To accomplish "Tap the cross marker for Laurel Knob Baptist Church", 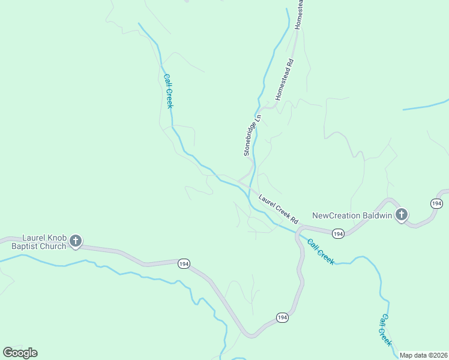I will (x=76, y=241).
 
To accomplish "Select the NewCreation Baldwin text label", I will (x=352, y=215).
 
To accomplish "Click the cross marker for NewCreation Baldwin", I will (x=402, y=214).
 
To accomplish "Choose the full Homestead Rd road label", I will (x=285, y=79).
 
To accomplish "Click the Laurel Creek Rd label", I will (x=279, y=206).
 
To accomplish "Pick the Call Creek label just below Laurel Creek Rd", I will (x=321, y=251).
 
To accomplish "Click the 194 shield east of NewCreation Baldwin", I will (x=436, y=204).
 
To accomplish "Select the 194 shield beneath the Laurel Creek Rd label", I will (x=339, y=233).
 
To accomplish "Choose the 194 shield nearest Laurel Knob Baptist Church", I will (x=184, y=264).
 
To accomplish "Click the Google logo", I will (x=20, y=353).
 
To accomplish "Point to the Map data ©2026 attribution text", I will (x=423, y=355).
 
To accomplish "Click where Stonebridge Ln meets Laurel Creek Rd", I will (x=240, y=180).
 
